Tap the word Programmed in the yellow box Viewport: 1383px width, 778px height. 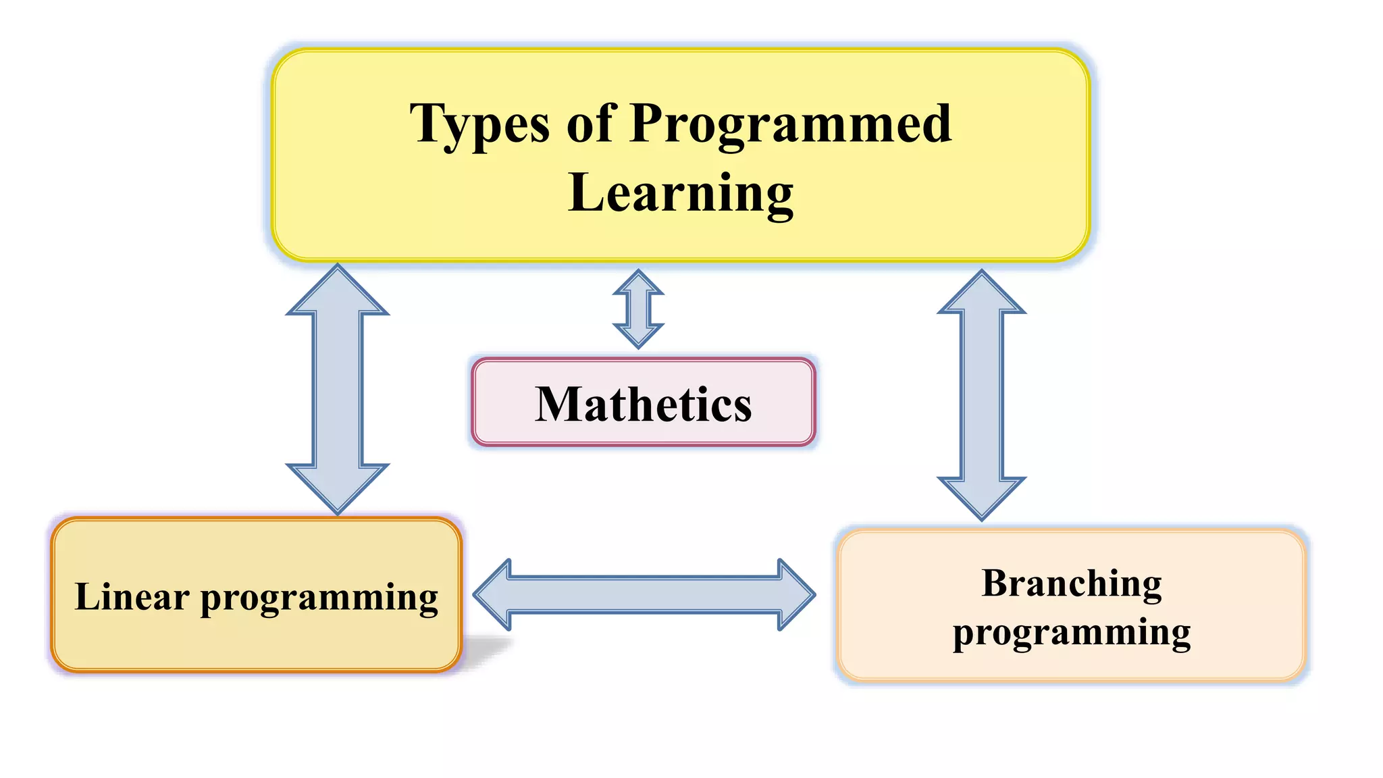click(x=790, y=125)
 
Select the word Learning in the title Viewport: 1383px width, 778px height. click(x=681, y=193)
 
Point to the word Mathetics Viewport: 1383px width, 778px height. click(x=643, y=405)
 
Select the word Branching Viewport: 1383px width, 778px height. click(x=1072, y=583)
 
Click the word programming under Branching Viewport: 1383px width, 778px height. click(x=1072, y=633)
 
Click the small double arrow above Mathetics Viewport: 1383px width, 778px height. click(x=638, y=309)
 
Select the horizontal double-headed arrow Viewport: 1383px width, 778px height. click(x=644, y=595)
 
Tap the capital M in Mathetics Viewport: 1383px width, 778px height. click(x=557, y=405)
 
